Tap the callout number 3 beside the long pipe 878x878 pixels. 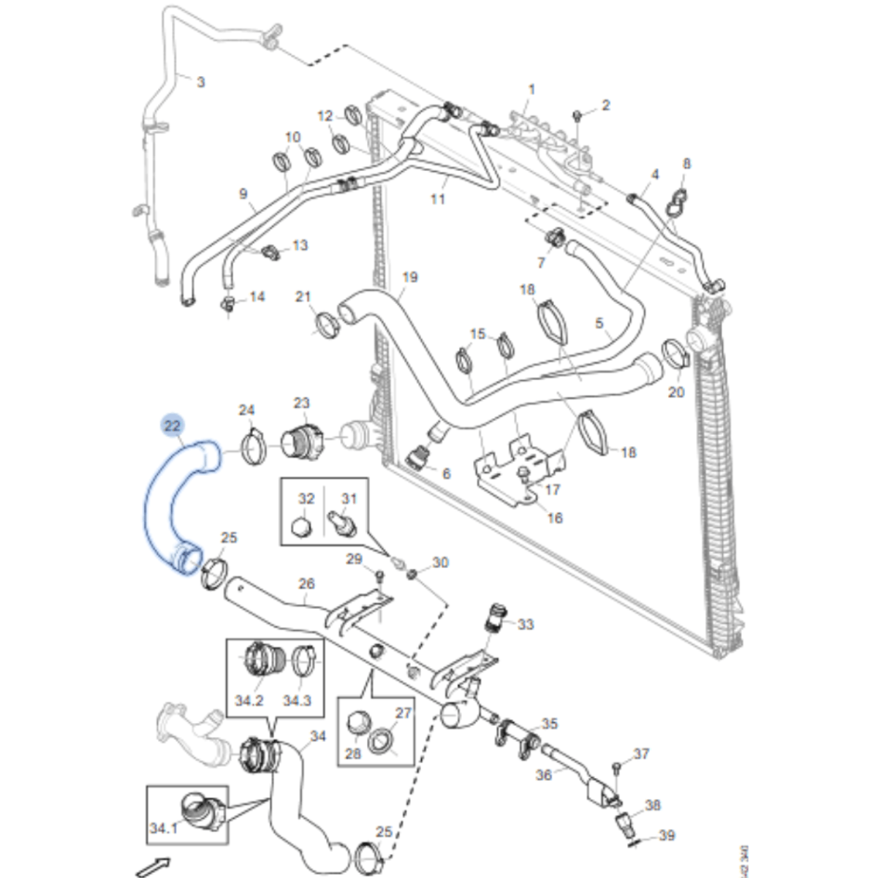[201, 82]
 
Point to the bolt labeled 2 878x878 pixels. [577, 116]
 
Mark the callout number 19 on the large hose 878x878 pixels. [410, 277]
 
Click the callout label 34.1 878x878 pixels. [164, 828]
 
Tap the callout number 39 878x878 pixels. [667, 836]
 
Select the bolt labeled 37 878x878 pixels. [616, 768]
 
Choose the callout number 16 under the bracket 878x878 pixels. [556, 518]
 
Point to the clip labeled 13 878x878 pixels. [271, 251]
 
